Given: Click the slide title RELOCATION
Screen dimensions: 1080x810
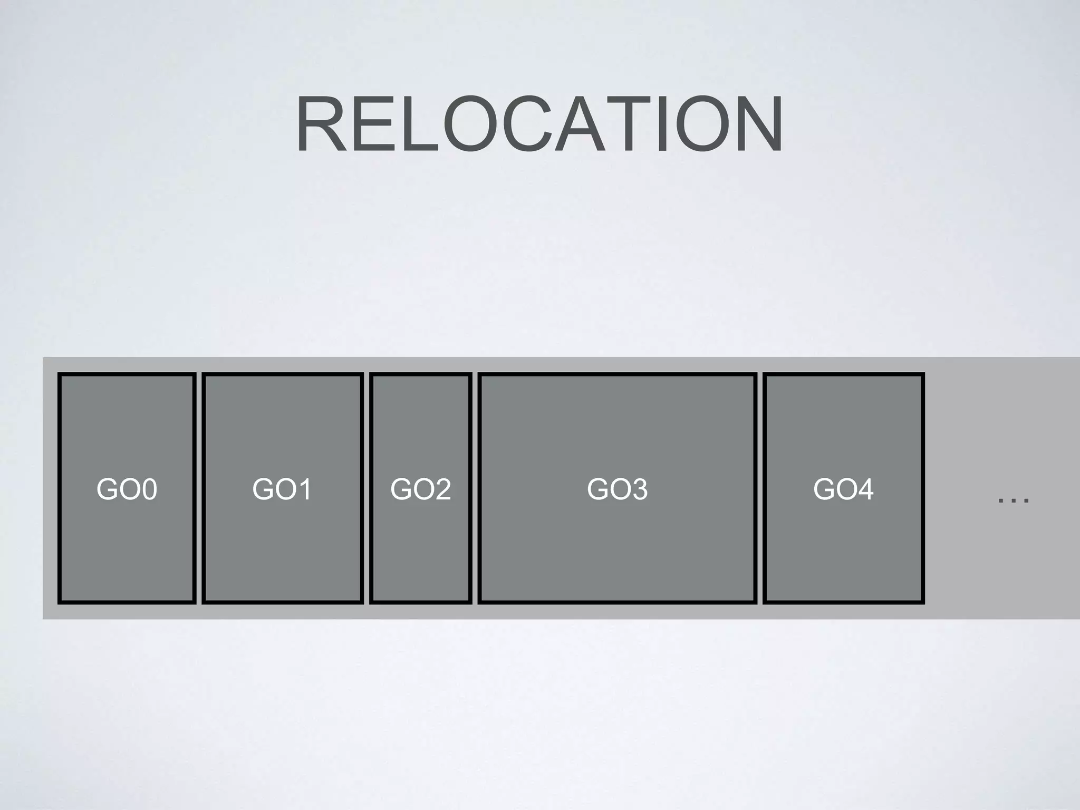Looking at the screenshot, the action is coord(539,124).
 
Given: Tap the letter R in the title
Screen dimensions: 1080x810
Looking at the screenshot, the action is coord(322,124).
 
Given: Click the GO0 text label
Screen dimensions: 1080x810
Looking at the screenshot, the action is coord(127,489).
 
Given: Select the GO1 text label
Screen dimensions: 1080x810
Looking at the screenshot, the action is coord(282,489).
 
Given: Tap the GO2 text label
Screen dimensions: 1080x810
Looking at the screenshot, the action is coord(420,489).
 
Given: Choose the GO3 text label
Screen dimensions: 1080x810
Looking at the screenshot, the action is coord(617,489).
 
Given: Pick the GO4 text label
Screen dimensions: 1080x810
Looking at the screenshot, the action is coord(843,489).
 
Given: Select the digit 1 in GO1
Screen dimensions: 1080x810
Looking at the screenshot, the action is coord(304,489).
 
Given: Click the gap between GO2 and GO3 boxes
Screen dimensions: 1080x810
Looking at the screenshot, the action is coord(475,488).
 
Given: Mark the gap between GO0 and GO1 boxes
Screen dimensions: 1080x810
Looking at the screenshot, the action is coord(199,488).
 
